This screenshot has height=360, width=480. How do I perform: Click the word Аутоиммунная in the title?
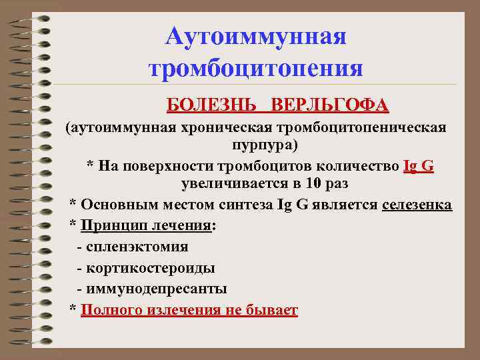256,36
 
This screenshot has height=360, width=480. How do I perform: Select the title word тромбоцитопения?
256,69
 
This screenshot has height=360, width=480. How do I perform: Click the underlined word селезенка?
417,204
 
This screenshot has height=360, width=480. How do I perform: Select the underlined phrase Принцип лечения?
145,225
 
